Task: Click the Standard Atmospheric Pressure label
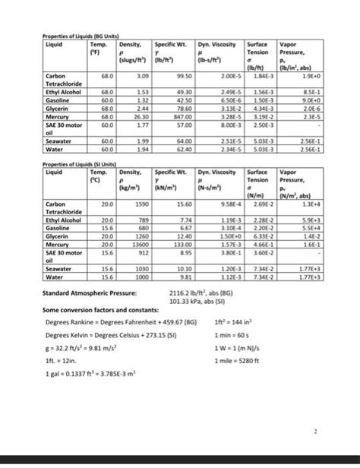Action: (x=90, y=292)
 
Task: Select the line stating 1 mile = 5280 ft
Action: (x=236, y=360)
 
